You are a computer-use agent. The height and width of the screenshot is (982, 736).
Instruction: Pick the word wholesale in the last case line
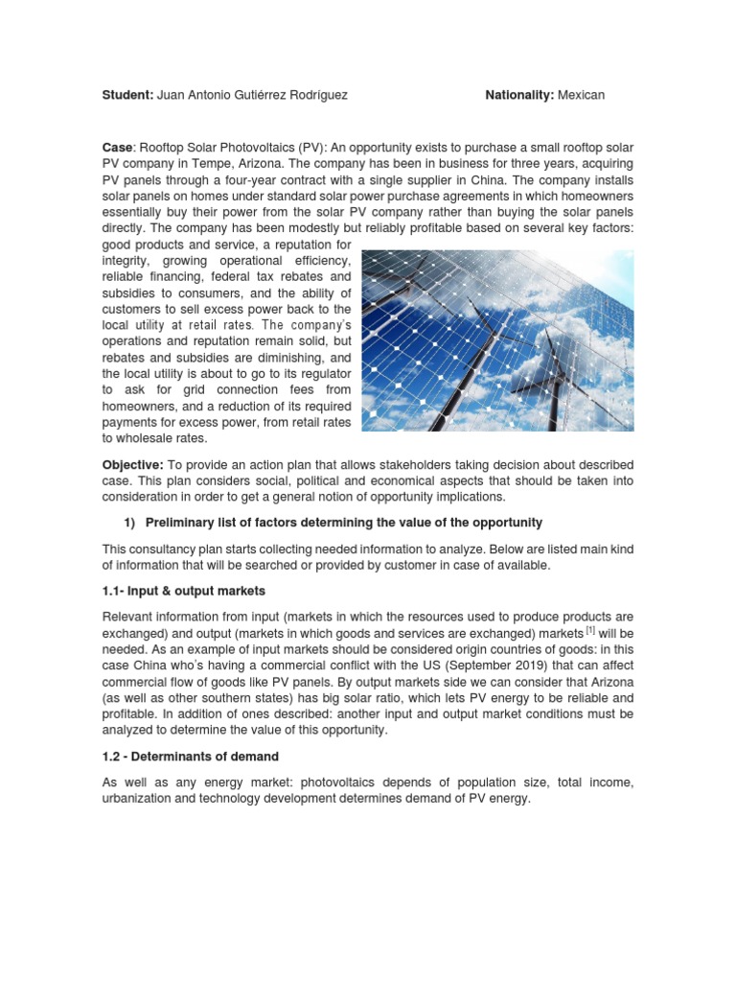(x=138, y=439)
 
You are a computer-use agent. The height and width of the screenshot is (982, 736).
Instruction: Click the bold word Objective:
(x=133, y=464)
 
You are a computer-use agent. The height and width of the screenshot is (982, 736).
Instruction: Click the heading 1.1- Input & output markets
(x=184, y=590)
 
